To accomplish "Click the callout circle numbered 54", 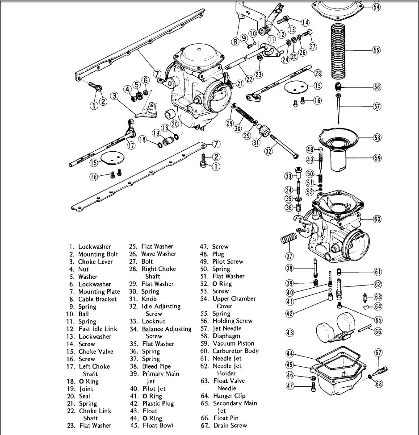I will (377, 7).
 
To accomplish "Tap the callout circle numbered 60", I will (377, 219).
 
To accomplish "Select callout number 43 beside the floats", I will (289, 332).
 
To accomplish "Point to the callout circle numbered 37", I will (289, 256).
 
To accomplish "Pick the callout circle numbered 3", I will (115, 95).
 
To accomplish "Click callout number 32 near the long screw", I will (268, 151).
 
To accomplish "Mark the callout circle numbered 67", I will (378, 352).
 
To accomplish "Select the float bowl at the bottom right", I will (339, 379).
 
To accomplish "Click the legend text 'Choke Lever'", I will (95, 262).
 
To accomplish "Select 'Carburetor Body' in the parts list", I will (235, 351).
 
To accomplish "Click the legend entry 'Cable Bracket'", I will (97, 299).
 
